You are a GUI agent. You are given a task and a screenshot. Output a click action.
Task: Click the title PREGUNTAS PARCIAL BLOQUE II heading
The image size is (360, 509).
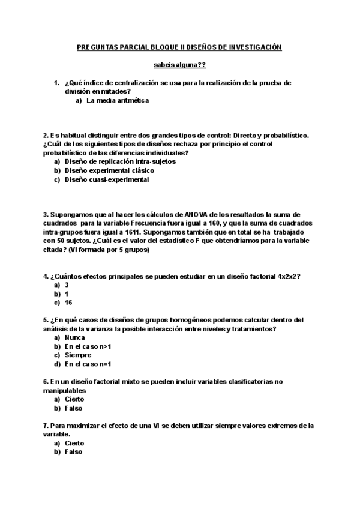[179, 47]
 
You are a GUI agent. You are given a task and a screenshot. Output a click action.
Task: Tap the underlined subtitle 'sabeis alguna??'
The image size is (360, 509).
[179, 65]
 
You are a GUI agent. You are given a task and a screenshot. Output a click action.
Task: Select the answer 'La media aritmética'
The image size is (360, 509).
[118, 101]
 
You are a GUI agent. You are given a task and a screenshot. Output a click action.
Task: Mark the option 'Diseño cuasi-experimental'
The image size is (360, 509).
[107, 179]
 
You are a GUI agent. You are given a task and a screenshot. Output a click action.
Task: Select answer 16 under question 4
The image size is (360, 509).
[69, 303]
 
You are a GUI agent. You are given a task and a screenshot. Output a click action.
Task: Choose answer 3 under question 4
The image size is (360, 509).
[67, 285]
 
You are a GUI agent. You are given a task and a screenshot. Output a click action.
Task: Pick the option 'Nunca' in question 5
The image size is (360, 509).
[75, 337]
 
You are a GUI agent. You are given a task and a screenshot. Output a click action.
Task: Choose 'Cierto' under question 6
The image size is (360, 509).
[75, 399]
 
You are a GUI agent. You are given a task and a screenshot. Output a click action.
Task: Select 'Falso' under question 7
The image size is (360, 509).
[74, 452]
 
